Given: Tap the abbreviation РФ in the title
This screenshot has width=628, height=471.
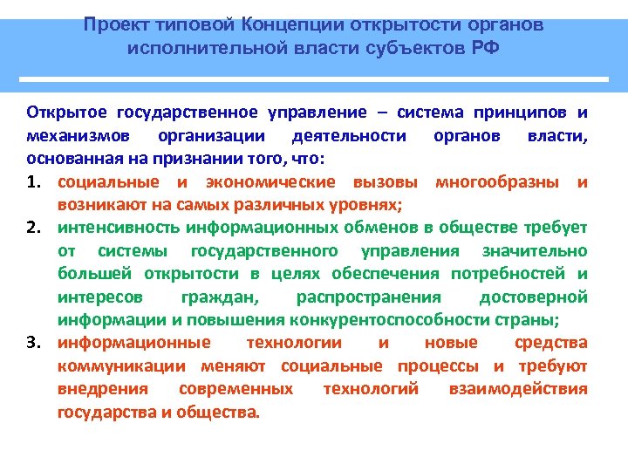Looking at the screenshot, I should click(484, 45).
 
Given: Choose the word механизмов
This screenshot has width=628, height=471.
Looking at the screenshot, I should click(80, 136).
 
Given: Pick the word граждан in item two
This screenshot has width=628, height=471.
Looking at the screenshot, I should click(218, 297).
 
